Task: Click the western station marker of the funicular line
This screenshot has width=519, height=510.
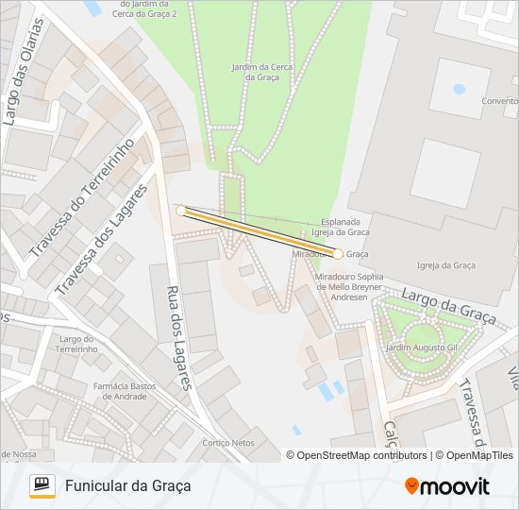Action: [x=181, y=211]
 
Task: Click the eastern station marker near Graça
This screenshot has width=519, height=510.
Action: [x=338, y=254]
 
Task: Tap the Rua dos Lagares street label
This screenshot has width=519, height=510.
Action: [x=179, y=338]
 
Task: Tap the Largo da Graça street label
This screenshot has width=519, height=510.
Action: [x=448, y=307]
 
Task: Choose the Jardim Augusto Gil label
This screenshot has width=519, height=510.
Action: [x=421, y=348]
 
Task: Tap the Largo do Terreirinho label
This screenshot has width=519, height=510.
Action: [x=78, y=344]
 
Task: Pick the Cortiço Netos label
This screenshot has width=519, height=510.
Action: [x=228, y=442]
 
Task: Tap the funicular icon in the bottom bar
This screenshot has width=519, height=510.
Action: [x=42, y=485]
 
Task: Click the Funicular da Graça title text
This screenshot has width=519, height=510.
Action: [x=128, y=485]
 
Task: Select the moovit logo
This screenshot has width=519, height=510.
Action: [x=447, y=485]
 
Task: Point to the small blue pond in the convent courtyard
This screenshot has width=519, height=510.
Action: [x=460, y=90]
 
